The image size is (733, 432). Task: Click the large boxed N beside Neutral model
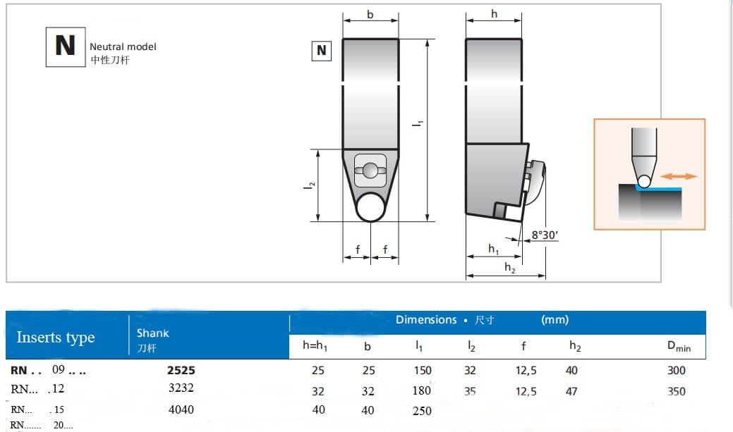pos(65,47)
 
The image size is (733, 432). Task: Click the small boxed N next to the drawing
pos(321,51)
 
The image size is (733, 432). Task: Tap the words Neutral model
pos(123,47)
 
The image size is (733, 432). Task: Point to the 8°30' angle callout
pos(544,235)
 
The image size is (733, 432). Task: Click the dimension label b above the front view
pos(370,15)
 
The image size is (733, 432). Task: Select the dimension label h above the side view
pos(494,15)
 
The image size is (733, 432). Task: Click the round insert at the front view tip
pos(370,207)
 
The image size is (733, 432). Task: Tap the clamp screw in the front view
pos(370,169)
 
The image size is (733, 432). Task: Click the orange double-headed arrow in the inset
pos(680,176)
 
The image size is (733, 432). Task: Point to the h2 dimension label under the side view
pos(509,266)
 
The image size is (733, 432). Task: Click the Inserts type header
pos(56,338)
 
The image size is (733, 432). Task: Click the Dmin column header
pos(679,346)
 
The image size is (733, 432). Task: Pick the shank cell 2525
pos(181,370)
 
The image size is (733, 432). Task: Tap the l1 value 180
pos(421,390)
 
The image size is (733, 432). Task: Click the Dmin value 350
pos(676,391)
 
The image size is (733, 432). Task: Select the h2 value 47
pos(572,391)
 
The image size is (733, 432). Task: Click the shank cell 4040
pos(180,409)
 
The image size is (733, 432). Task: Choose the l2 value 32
pos(471,370)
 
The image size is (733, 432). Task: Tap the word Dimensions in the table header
pos(426,320)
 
